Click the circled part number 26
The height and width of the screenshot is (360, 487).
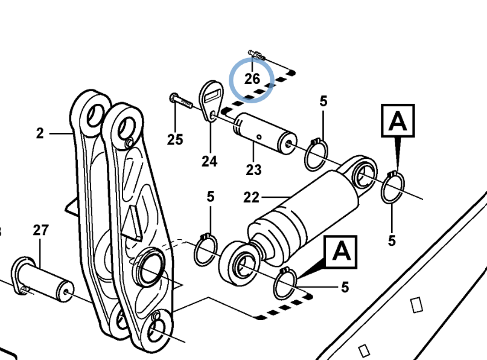[x=252, y=79]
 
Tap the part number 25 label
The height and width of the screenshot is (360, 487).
[x=175, y=140]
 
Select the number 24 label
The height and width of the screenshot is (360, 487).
[x=209, y=161]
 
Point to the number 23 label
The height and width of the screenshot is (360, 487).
[x=253, y=170]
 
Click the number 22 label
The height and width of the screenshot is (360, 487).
[x=251, y=198]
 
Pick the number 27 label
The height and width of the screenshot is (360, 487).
[x=40, y=230]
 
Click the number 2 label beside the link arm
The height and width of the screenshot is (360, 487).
[x=40, y=133]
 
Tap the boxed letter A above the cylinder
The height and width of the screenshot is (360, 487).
[x=398, y=121]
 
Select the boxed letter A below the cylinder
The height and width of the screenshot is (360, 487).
[x=341, y=252]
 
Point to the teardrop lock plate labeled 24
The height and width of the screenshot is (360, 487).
[x=211, y=101]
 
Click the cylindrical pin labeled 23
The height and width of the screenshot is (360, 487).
[x=265, y=133]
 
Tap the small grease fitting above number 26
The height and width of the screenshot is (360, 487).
[x=256, y=55]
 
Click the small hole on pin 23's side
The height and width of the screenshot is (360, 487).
[x=259, y=137]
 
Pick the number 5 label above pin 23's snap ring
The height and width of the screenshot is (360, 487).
[x=323, y=101]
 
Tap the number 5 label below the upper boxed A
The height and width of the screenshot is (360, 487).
[x=392, y=240]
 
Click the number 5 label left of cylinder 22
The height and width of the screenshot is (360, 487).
[x=211, y=197]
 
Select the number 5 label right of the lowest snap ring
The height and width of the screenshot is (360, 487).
[x=345, y=288]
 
